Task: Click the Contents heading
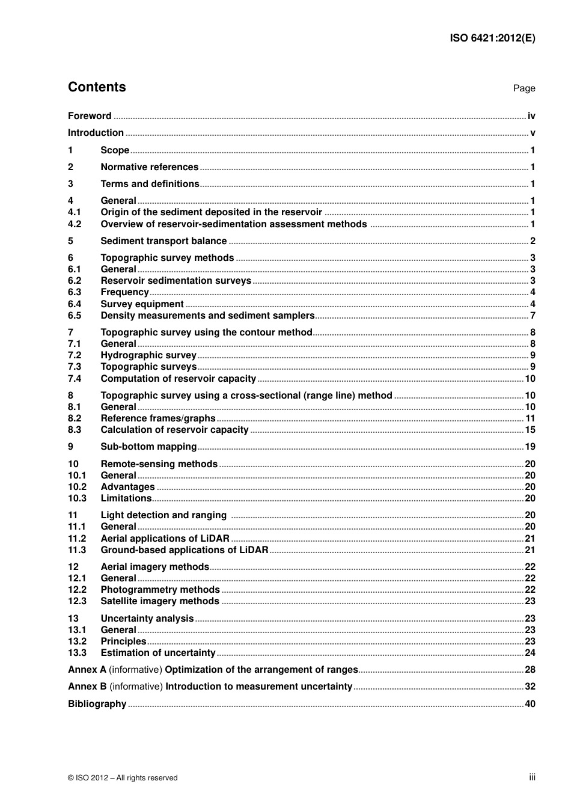pos(97,87)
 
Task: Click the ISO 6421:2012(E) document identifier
pos(492,38)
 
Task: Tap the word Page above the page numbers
pos(524,88)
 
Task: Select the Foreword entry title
pos(90,116)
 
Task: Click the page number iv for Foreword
pos(531,116)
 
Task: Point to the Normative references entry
pos(149,167)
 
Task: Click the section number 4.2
pos(75,224)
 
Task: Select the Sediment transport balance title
pos(163,241)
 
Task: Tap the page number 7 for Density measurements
pos(533,316)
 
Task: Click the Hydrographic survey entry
pos(148,355)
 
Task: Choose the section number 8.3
pos(75,430)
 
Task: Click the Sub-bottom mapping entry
pos(148,447)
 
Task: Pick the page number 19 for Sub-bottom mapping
pos(530,447)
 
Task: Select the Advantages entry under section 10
pos(127,487)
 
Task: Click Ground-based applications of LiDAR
pos(184,550)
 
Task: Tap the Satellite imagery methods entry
pos(160,601)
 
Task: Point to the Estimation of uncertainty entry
pos(157,653)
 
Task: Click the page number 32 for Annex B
pos(530,687)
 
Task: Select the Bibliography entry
pos(97,704)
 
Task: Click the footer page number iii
pos(532,777)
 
